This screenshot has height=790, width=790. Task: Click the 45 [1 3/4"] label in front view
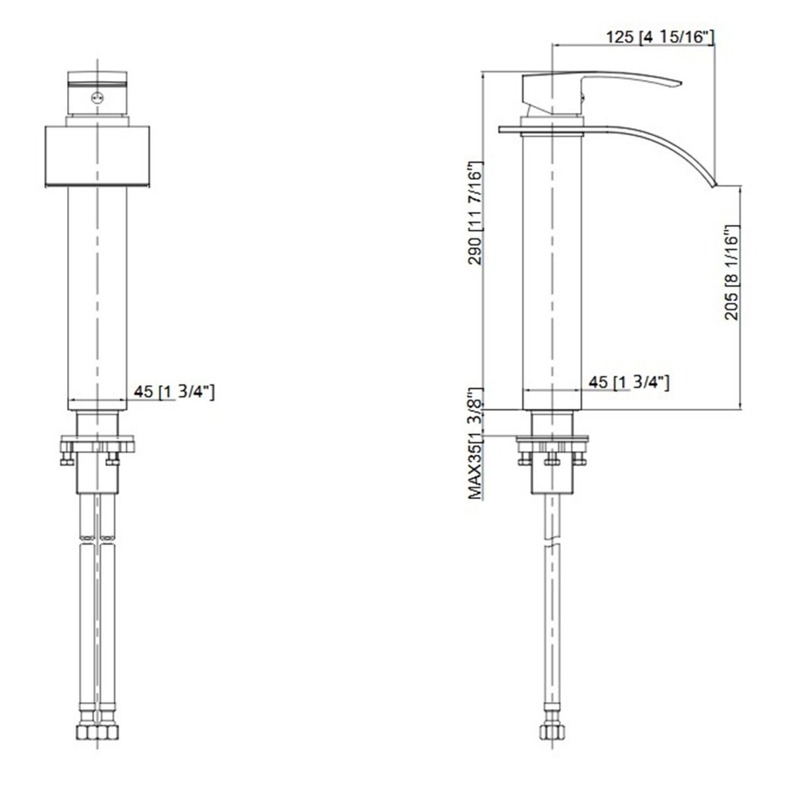pos(174,392)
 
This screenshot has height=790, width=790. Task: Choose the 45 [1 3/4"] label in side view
pos(629,382)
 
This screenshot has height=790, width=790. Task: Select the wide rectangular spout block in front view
pos(97,154)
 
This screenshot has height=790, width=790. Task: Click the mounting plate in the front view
pos(97,444)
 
